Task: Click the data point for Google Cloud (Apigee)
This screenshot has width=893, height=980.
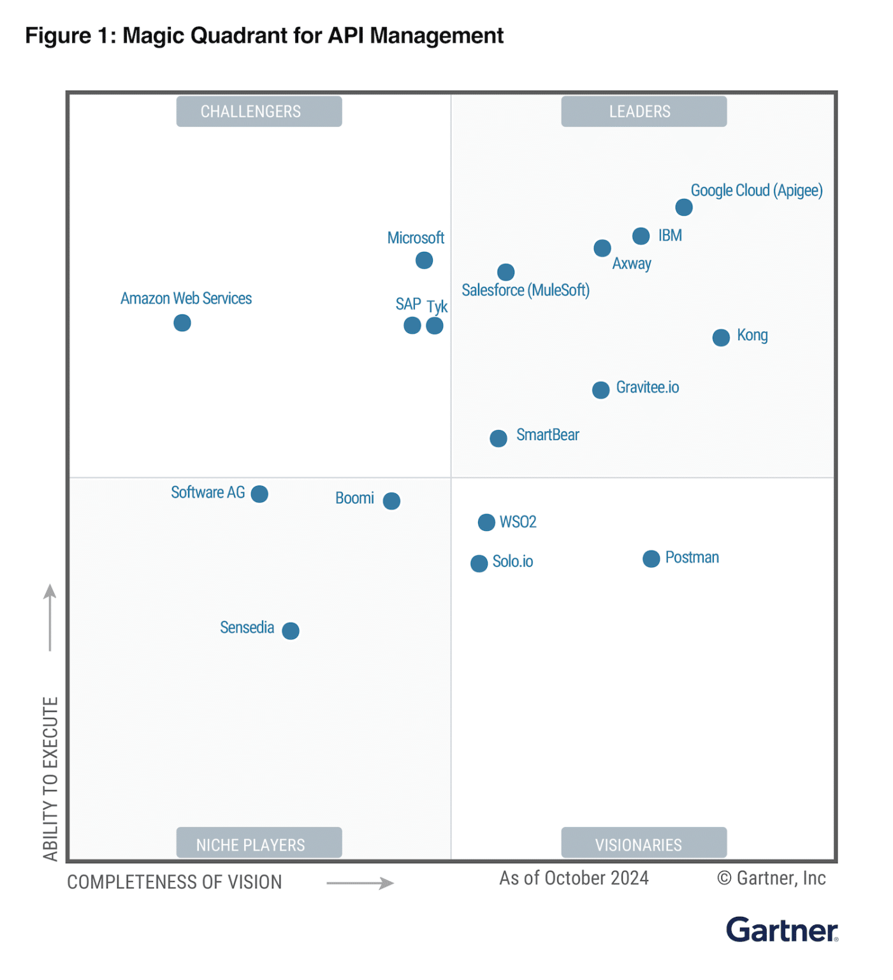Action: coord(683,207)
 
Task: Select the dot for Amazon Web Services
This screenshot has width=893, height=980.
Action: coord(182,323)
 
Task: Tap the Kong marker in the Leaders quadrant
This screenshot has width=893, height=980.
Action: coord(720,338)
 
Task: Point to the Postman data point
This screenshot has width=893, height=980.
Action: coord(651,559)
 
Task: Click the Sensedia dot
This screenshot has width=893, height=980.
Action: coord(291,630)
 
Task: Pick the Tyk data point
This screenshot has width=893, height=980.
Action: coord(435,325)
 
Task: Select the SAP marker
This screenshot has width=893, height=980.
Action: coord(412,325)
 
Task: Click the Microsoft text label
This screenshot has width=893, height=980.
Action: coord(416,238)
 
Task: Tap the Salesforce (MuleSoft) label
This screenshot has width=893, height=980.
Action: coord(525,290)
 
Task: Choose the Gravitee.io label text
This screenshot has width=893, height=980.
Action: coord(647,387)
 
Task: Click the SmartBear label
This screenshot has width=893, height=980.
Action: coord(548,435)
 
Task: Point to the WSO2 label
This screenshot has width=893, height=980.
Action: coord(518,522)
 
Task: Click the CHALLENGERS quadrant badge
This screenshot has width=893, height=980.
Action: coord(259,112)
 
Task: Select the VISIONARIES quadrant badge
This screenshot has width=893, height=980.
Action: coord(643,843)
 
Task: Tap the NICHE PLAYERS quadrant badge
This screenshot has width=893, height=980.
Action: coord(259,843)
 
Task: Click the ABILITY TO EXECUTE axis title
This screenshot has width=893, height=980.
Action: coord(50,778)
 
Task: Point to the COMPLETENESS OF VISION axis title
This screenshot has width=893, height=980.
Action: coord(175,882)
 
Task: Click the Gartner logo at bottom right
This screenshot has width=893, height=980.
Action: coord(781,930)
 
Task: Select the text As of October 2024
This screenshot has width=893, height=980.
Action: coord(574,879)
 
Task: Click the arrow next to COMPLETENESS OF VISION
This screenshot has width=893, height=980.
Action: coord(360,883)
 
